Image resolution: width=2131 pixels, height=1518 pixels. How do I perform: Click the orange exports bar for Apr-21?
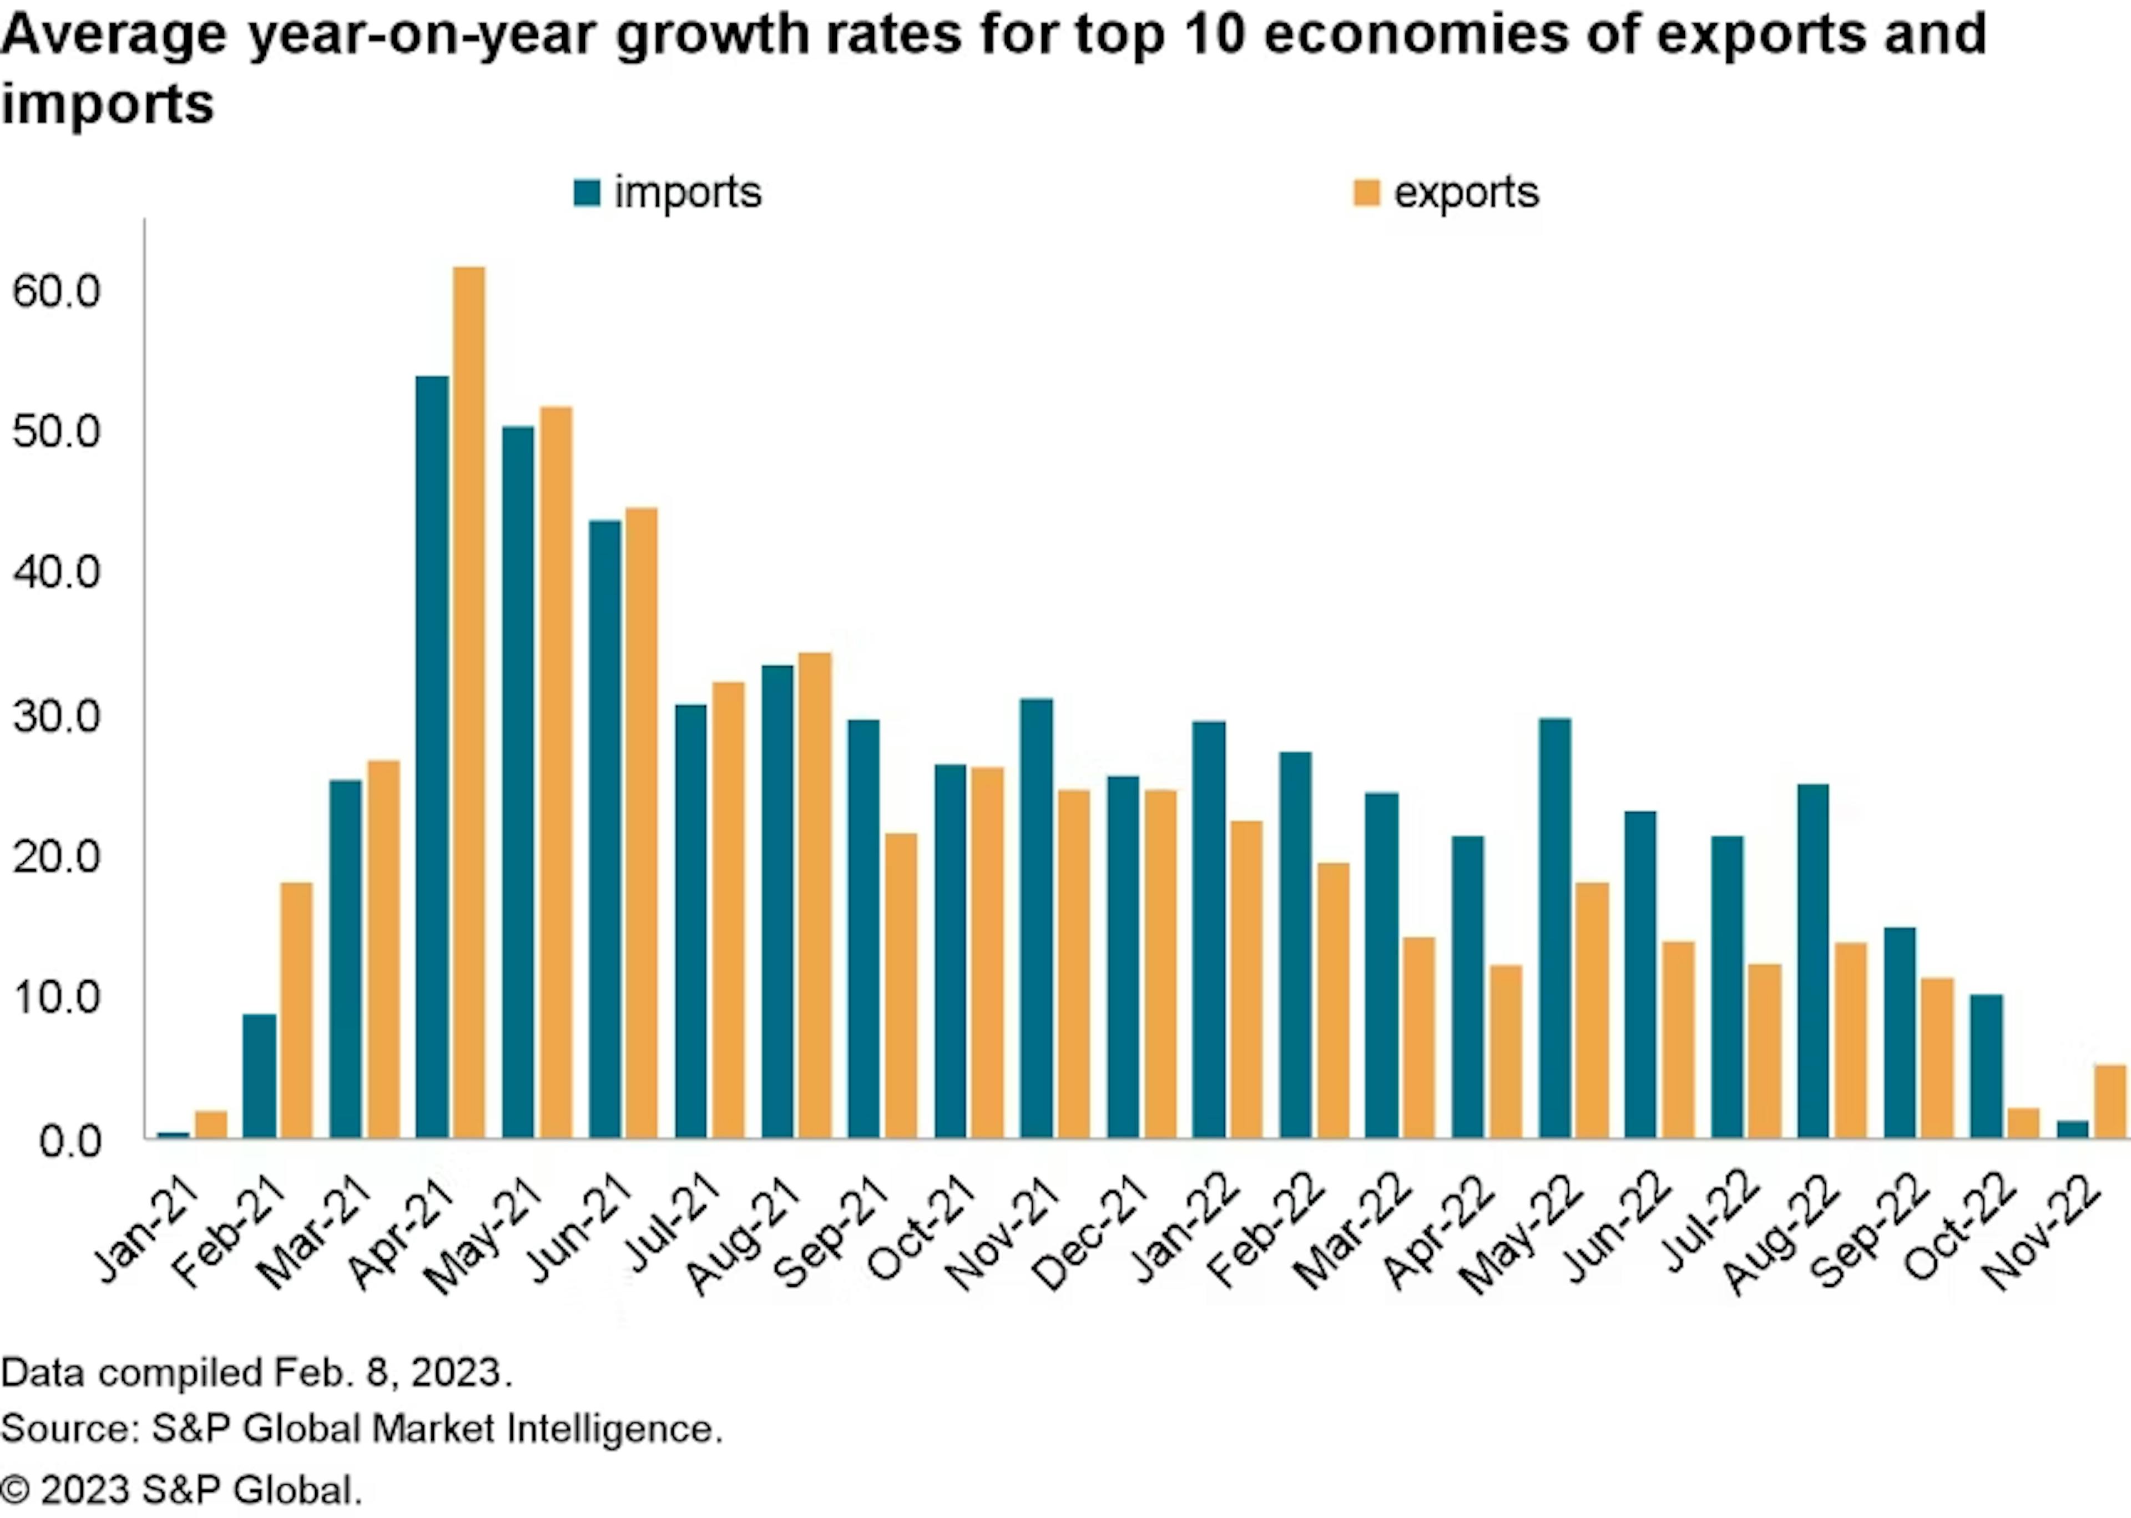(x=469, y=701)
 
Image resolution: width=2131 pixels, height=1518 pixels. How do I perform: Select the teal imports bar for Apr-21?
(x=432, y=757)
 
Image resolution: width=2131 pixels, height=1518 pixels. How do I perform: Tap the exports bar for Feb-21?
(x=296, y=1010)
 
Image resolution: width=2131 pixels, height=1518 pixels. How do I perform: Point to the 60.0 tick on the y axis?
(x=56, y=291)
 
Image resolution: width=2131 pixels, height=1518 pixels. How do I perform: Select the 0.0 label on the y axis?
(x=70, y=1141)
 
